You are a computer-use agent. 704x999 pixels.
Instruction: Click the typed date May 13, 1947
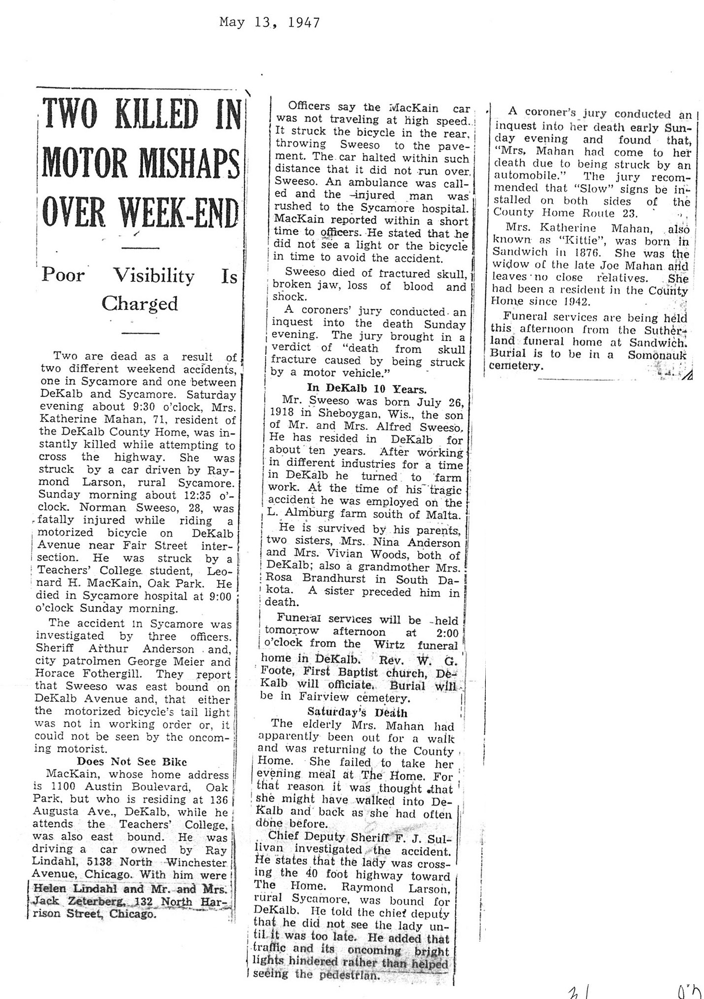click(x=270, y=22)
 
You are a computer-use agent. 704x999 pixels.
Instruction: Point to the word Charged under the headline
click(x=140, y=303)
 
